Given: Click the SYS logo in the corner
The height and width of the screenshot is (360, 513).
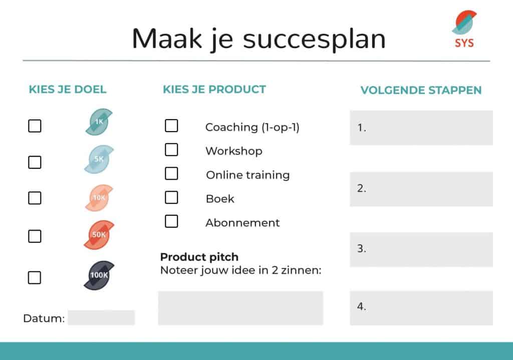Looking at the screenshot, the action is coord(464,29).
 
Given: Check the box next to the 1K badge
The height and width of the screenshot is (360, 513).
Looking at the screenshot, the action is coord(35,126).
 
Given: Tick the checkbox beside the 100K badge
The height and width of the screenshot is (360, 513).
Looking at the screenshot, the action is coord(35,277).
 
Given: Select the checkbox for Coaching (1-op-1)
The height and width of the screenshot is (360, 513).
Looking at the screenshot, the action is coord(171,126).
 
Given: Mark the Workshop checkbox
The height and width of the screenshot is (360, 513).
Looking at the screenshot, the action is coord(171,149).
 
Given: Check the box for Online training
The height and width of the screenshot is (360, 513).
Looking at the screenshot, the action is coord(171,174).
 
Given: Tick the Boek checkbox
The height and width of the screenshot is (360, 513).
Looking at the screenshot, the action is coord(171,197).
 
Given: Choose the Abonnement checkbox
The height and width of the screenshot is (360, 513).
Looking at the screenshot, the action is coord(171,221).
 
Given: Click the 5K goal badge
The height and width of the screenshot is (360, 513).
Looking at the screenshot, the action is coord(99,159).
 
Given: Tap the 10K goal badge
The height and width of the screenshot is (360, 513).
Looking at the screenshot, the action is coord(99,198).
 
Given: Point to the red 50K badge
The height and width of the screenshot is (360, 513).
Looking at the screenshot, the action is coord(99,235).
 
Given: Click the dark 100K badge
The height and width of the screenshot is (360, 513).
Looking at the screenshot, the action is coord(99,275).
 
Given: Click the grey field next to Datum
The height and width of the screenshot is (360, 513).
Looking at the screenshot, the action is coord(101,317).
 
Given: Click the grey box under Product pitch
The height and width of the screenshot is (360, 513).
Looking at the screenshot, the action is coord(240,308).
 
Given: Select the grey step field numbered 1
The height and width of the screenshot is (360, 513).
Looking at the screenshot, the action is coord(421,128).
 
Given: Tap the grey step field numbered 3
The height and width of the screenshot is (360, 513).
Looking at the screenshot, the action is coord(421,249).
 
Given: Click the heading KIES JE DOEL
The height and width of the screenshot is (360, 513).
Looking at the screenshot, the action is coord(68,89).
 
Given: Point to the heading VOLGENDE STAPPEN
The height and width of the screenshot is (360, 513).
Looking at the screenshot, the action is coord(421,90).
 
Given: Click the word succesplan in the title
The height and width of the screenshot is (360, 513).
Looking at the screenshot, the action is coord(315,40).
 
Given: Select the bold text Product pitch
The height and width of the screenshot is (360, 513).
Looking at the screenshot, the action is coord(199,257).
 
